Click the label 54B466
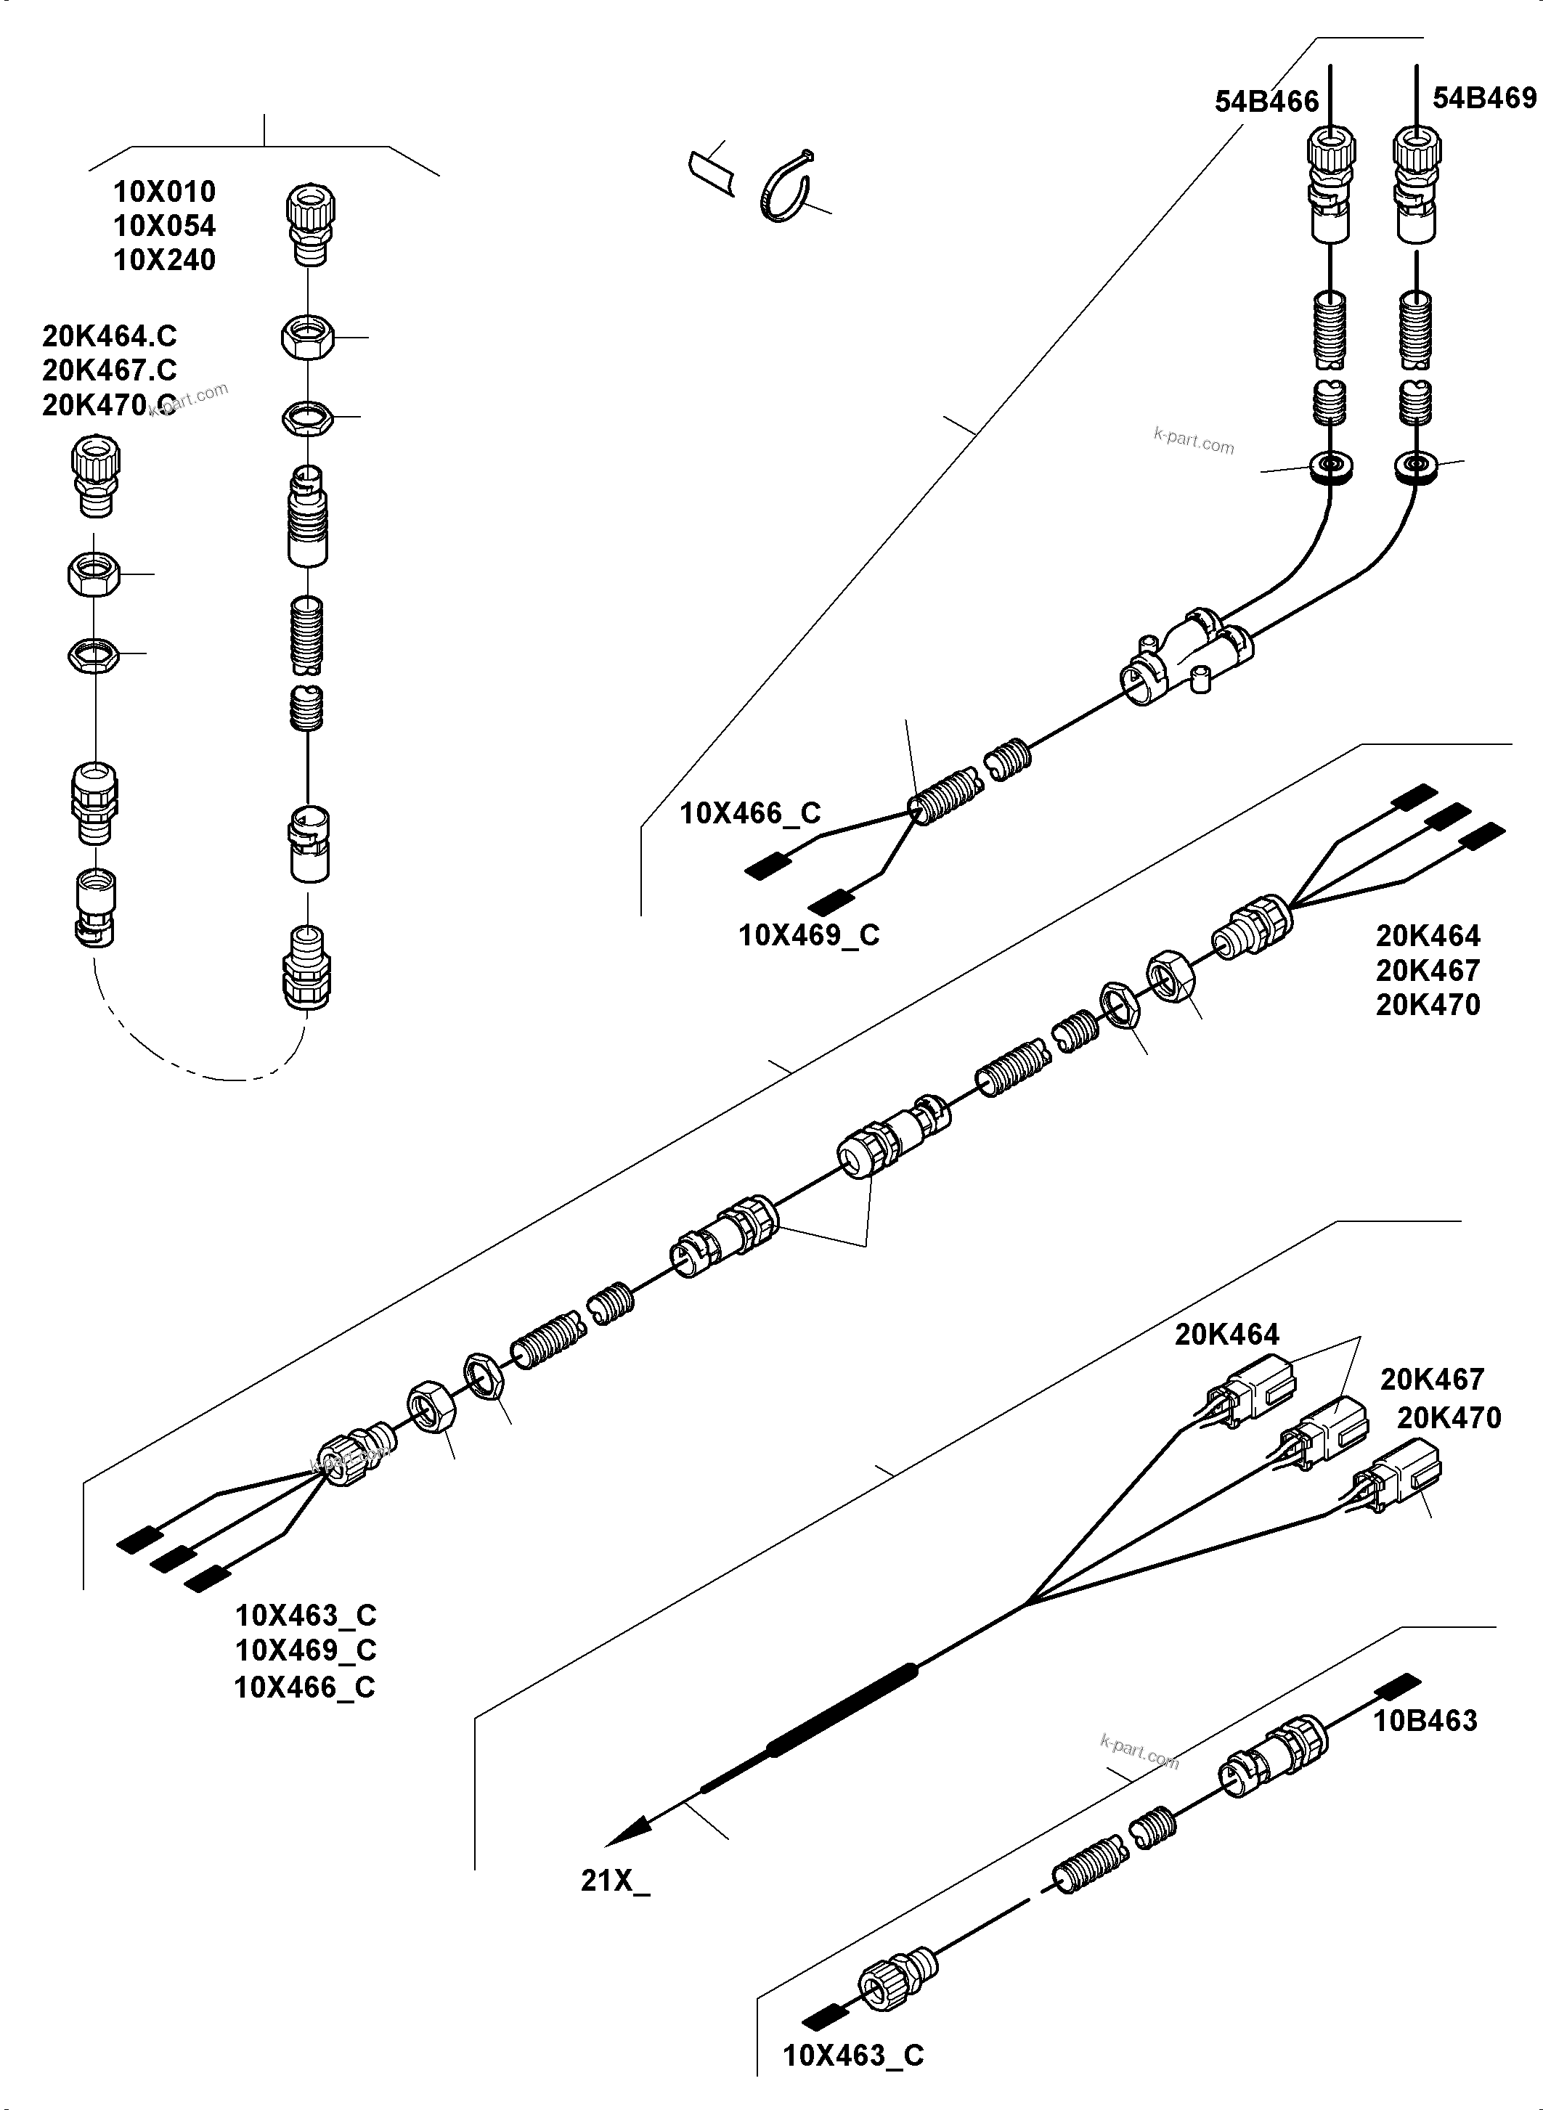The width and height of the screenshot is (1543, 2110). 1266,102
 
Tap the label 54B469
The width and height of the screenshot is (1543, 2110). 1484,98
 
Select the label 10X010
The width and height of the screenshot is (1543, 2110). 164,192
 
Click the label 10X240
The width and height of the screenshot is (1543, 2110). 164,260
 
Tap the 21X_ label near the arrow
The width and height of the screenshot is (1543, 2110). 614,1881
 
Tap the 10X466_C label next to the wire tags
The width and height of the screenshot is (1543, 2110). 750,813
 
